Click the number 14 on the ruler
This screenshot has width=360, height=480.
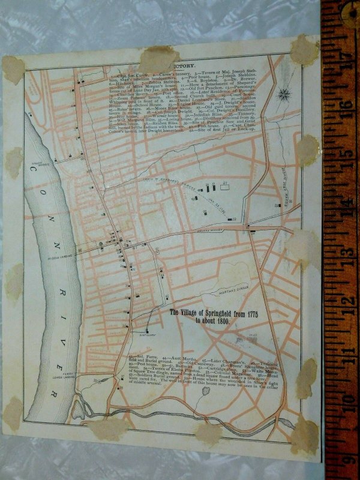[343, 203]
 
